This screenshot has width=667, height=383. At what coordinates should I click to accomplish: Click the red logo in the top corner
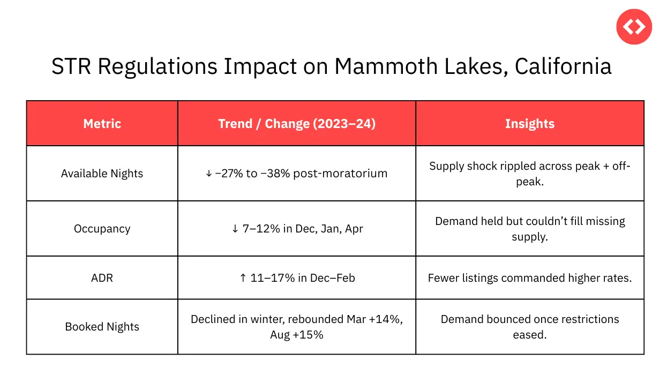[x=634, y=26]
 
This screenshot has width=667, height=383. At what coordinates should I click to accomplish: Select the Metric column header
[x=102, y=124]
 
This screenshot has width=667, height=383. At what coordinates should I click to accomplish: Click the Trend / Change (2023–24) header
[x=296, y=124]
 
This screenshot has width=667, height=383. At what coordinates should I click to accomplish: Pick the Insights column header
[x=529, y=124]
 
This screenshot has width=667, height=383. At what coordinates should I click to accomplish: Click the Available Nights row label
[x=102, y=174]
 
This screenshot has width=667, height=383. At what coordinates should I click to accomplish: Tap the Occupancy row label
[x=102, y=229]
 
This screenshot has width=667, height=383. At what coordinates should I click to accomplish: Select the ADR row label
[x=102, y=278]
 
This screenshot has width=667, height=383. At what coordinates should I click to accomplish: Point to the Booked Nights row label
[x=102, y=327]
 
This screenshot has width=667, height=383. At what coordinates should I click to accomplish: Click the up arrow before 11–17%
[x=243, y=278]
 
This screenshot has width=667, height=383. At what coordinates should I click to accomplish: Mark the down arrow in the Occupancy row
[x=236, y=229]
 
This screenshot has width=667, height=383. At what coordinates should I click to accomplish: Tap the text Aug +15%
[x=296, y=335]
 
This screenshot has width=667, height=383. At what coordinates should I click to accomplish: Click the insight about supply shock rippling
[x=529, y=174]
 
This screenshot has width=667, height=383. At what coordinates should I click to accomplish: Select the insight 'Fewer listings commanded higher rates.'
[x=529, y=278]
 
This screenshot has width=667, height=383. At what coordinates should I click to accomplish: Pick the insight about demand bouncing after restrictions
[x=529, y=327]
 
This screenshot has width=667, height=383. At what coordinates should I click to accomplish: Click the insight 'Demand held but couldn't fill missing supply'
[x=529, y=229]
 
